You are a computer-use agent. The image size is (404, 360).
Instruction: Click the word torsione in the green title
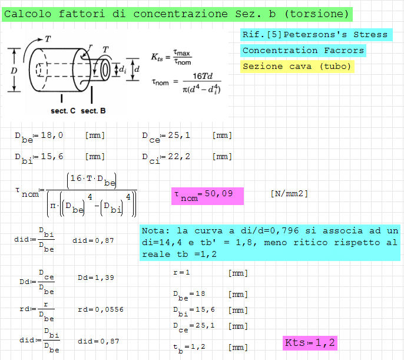coord(316,14)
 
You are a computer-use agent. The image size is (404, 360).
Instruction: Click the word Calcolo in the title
coord(28,14)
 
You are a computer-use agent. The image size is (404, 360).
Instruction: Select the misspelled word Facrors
coord(344,51)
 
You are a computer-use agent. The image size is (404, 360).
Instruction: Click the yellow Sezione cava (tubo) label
coord(297,67)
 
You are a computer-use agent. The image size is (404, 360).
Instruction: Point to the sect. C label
coord(63,111)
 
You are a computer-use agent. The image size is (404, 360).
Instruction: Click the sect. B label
coord(93,111)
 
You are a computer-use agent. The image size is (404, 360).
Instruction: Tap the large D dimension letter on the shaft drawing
coord(14,70)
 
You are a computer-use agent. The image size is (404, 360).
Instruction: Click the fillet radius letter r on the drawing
coord(91,47)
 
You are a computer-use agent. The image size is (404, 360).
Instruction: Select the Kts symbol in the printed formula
coord(157,57)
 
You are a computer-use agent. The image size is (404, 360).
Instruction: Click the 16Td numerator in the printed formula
coord(203,76)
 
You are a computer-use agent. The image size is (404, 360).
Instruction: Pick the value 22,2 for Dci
coord(179,156)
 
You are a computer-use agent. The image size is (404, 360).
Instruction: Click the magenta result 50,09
coord(218,193)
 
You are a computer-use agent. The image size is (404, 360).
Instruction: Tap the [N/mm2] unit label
coord(289,193)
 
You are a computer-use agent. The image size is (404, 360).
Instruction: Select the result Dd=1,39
coord(96,278)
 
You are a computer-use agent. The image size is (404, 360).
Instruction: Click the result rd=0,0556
coord(101,309)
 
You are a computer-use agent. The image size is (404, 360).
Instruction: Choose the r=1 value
coord(181,272)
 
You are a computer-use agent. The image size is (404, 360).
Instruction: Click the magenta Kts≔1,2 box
coord(310,343)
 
